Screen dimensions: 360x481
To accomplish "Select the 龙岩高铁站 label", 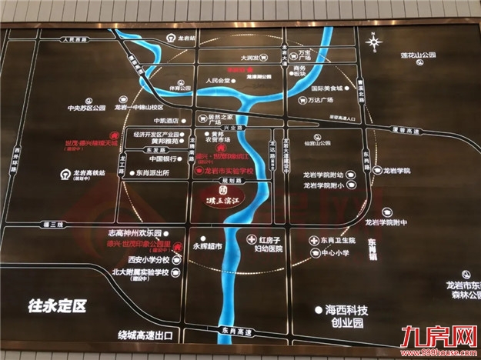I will (x=93, y=173).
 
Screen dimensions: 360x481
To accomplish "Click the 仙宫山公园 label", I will (x=317, y=142).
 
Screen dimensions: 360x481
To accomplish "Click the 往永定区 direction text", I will (x=55, y=305).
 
